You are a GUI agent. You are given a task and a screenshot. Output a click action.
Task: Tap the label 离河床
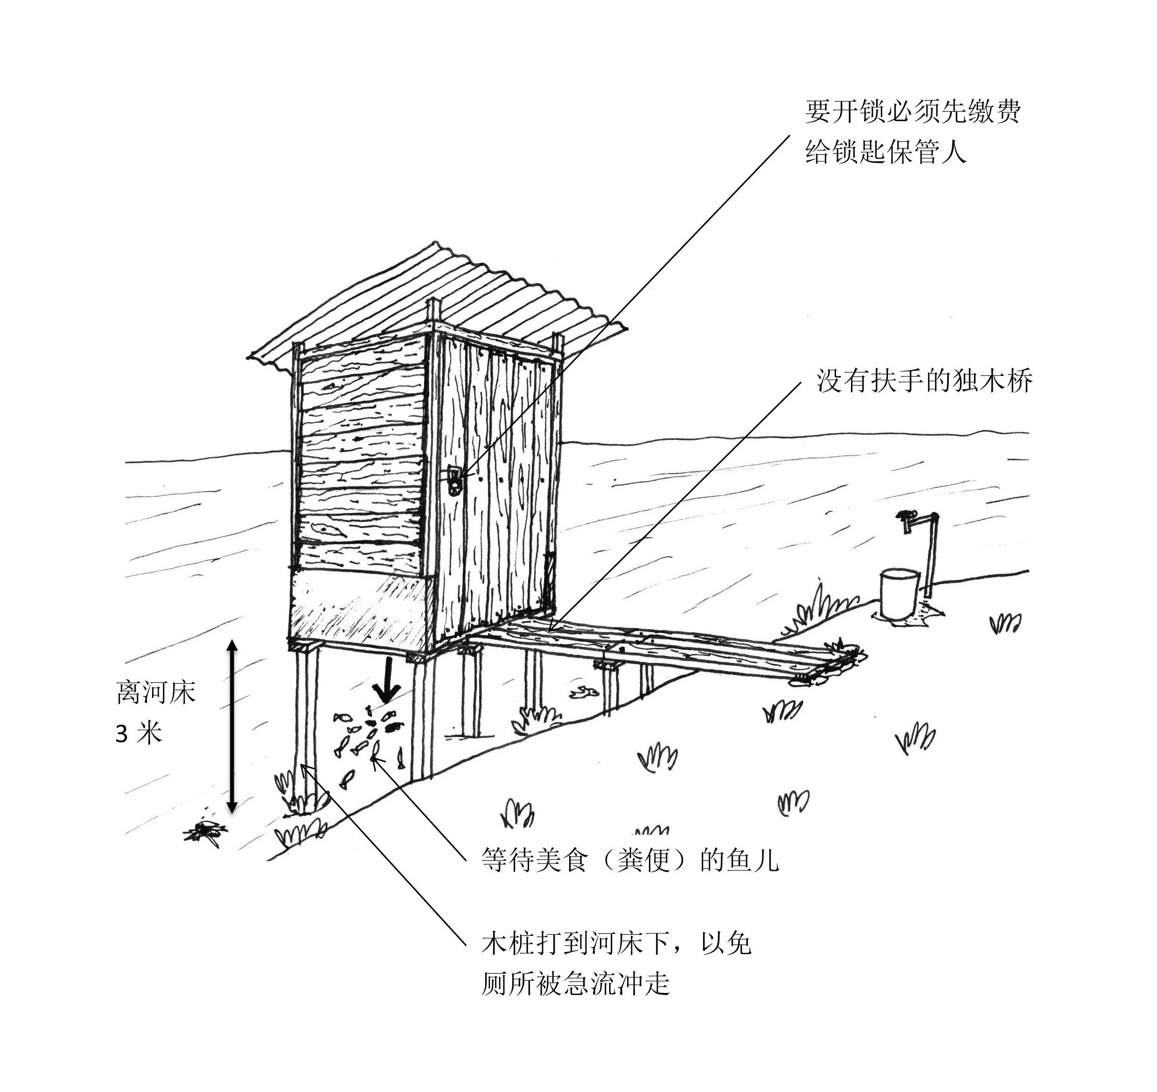[156, 693]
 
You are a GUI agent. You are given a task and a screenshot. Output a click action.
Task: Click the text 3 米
[139, 734]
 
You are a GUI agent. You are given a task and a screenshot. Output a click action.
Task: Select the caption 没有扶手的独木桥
[924, 381]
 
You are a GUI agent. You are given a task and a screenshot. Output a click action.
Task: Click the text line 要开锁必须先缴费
[913, 111]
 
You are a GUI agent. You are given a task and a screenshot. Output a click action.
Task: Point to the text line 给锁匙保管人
[885, 153]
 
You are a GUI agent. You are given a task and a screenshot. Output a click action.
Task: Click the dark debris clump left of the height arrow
[204, 831]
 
